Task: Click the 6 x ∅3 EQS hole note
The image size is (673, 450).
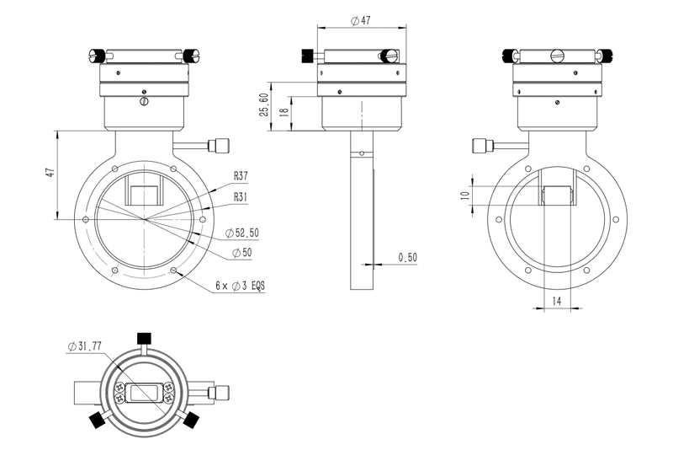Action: point(240,287)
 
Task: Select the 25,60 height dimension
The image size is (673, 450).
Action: point(263,105)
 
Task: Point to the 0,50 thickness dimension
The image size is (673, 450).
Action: point(407,257)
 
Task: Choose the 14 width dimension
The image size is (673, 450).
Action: point(556,301)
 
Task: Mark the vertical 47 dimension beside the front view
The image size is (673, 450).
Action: point(50,172)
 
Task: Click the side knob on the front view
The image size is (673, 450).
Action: point(220,145)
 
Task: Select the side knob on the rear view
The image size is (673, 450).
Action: point(483,145)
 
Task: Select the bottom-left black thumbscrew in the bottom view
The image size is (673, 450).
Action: point(98,420)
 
